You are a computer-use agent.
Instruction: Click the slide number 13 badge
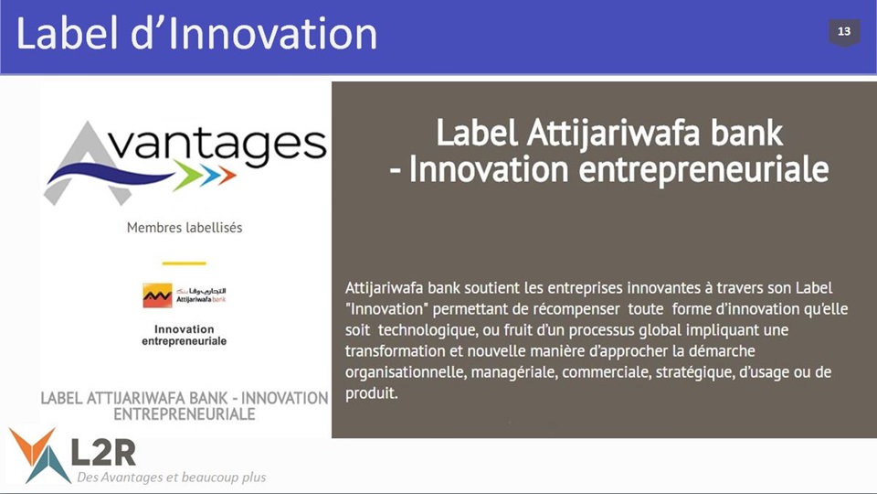coord(844,33)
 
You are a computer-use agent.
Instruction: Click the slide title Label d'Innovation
coord(197,34)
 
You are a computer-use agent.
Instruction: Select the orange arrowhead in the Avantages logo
coord(227,175)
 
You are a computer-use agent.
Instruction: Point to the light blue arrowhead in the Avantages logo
coord(210,175)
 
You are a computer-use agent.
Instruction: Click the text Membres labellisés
coord(185,228)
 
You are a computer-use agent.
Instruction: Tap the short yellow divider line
coord(184,263)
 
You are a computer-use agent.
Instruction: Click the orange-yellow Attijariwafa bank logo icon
coord(157,295)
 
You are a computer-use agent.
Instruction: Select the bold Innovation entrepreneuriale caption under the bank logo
coord(184,335)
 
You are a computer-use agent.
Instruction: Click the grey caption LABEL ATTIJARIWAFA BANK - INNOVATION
coord(185,398)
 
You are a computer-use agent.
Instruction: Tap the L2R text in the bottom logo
coord(103,452)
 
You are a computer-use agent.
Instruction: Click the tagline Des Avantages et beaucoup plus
coord(171,478)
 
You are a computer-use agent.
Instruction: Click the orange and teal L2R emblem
coord(39,455)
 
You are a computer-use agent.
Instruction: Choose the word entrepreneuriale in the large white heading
coord(703,169)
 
